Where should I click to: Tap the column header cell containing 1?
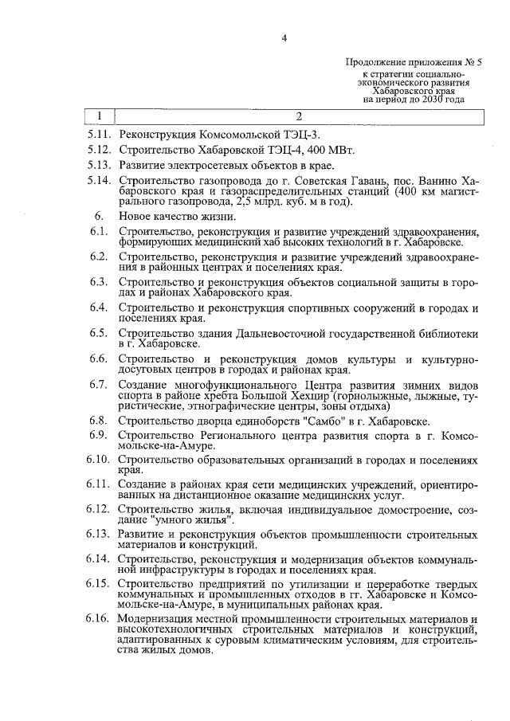[99, 117]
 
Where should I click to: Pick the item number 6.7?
[100, 384]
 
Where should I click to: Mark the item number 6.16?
[100, 619]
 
